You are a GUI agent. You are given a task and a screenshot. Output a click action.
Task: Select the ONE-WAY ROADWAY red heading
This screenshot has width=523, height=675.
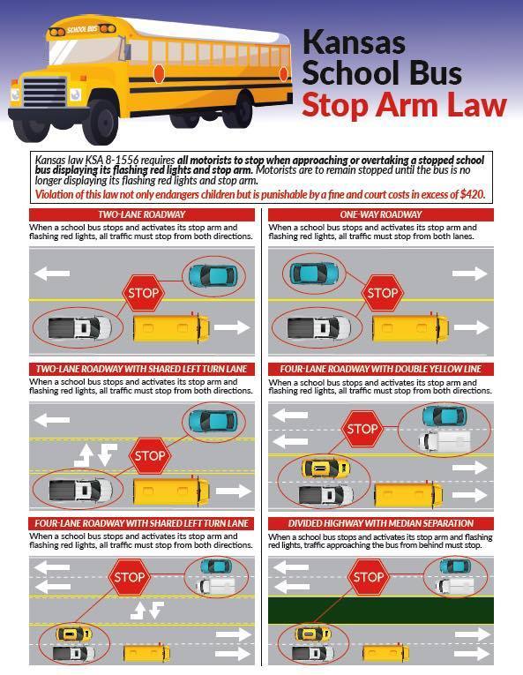380,214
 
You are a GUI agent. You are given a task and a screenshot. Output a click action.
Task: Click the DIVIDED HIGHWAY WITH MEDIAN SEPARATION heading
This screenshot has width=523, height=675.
380,523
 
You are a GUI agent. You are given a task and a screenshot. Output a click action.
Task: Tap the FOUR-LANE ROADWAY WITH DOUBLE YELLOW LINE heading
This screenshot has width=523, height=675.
380,368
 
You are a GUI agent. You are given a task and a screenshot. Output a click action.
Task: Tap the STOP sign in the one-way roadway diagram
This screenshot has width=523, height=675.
381,292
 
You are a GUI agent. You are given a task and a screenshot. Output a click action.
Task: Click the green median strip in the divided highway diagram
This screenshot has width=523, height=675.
380,610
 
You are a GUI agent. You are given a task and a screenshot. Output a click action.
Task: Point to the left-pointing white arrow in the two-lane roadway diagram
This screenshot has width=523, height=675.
52,274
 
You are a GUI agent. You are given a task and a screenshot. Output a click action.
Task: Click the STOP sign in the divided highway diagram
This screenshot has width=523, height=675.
368,579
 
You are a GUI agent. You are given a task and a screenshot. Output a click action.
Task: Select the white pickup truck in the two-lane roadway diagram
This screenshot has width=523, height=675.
78,328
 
